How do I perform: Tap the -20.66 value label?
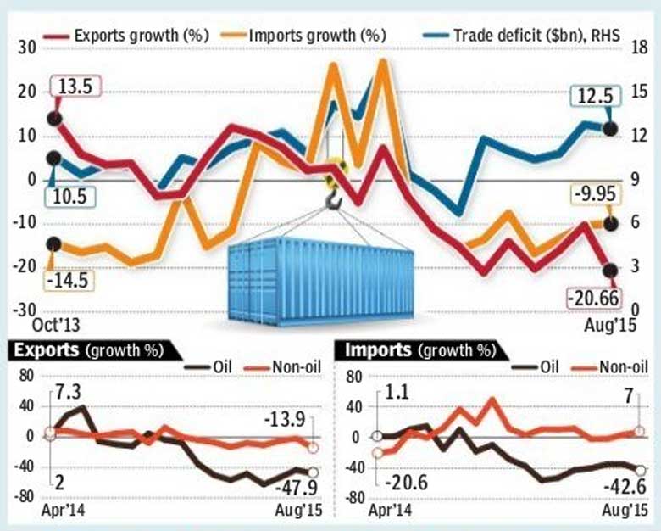click(x=592, y=299)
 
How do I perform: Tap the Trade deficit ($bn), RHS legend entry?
click(x=539, y=36)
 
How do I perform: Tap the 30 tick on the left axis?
click(x=25, y=48)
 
